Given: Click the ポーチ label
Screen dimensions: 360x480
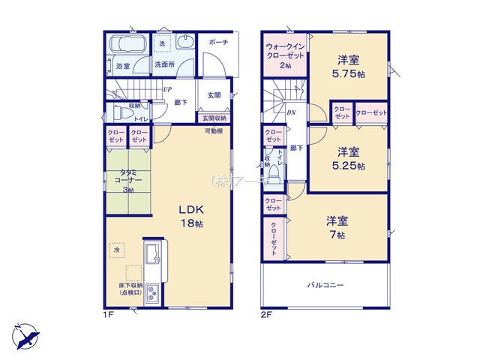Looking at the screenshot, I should click(x=218, y=42).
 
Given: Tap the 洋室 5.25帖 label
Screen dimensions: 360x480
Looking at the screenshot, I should click(x=349, y=157).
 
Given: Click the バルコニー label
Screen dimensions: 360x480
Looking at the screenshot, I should click(x=325, y=286).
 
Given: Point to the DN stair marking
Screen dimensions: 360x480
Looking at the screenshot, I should click(x=291, y=113).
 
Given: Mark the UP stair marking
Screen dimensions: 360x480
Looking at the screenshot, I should click(x=168, y=89).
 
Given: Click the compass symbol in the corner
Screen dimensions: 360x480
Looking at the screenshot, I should click(x=24, y=332).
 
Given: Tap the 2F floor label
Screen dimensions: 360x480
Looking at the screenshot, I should click(x=265, y=314).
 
